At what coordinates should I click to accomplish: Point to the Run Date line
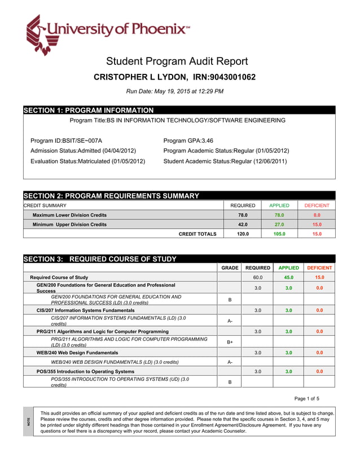tap(175, 91)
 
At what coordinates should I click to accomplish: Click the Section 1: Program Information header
tap(89, 111)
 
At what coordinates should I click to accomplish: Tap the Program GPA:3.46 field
tap(188, 140)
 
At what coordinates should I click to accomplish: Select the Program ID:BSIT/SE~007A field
tap(66, 140)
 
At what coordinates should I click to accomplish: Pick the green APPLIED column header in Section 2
tap(279, 206)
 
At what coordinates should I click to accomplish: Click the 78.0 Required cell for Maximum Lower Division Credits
tap(243, 215)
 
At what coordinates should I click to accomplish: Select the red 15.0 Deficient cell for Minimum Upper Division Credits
tap(317, 225)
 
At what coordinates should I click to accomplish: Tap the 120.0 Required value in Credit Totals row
tap(243, 234)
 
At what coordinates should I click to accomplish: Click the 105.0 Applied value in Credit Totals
tap(279, 234)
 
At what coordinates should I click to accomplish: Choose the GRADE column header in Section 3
tap(230, 268)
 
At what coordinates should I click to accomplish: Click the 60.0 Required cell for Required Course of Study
tap(257, 278)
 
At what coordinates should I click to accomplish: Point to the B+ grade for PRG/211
tap(230, 342)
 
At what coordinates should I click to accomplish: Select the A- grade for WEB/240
tap(230, 362)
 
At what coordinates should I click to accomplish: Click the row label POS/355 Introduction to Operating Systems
tap(85, 372)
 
